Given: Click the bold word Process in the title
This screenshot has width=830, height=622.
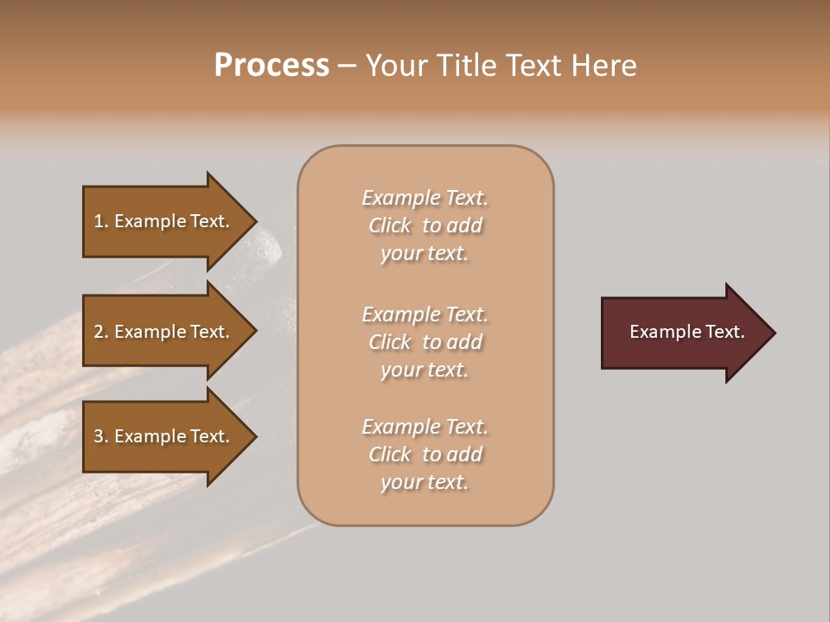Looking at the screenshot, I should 271,66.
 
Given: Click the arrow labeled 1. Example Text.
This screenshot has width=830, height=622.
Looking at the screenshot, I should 164,221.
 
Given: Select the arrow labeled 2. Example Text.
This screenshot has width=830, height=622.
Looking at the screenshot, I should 164,332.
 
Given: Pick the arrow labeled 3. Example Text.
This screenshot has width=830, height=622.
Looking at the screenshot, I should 164,436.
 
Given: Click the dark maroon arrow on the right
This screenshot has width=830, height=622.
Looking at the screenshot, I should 683,333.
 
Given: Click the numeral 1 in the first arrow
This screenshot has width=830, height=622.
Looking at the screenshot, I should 99,221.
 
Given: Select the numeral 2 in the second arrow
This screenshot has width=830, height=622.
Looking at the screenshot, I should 99,332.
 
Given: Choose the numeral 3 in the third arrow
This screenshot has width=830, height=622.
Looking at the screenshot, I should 99,436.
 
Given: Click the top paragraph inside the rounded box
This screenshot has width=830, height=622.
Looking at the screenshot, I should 425,225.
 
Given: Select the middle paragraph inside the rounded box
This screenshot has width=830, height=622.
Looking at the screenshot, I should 425,342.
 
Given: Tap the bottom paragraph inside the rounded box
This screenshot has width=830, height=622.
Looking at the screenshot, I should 425,454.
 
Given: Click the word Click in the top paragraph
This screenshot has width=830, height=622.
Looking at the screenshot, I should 389,225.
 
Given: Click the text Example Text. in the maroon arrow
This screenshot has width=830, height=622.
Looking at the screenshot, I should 686,332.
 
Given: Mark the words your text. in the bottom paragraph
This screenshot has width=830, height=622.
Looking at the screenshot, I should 425,482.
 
